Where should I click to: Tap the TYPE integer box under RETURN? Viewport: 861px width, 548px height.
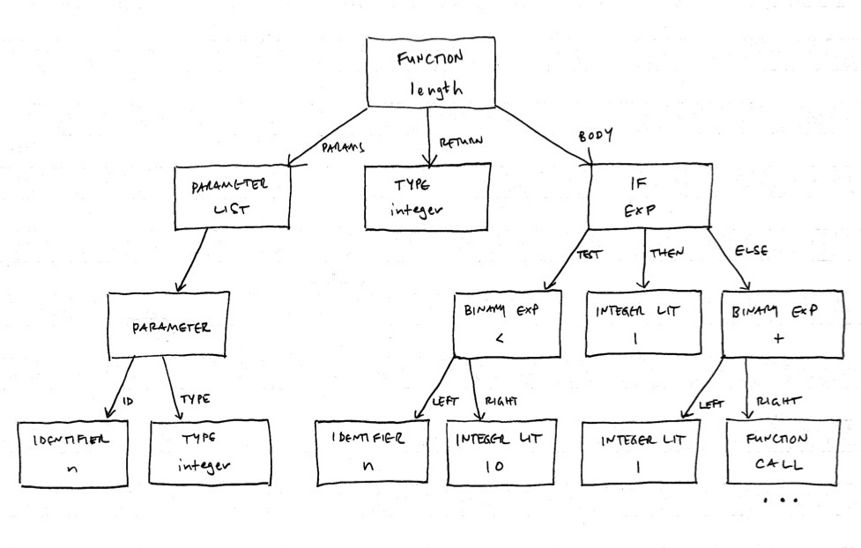tap(427, 197)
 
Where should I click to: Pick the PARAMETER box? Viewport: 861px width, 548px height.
tap(168, 326)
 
